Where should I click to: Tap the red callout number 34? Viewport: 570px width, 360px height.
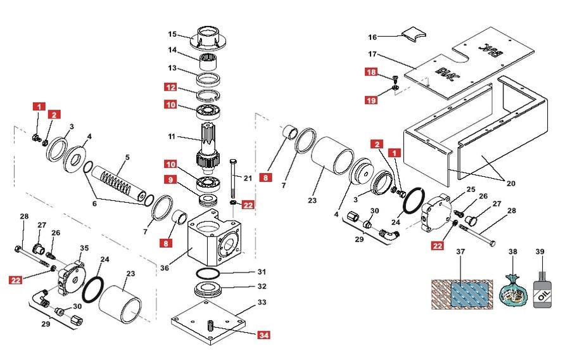[x=264, y=335]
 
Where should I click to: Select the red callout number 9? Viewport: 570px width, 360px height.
[x=170, y=179]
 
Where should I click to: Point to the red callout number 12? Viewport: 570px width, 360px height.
[x=170, y=87]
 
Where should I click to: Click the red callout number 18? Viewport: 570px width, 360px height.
[x=371, y=72]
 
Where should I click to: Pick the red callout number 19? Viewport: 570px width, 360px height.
[x=371, y=100]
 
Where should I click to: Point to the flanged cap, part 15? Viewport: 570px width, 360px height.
[x=207, y=37]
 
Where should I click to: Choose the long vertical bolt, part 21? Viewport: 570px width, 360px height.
[x=233, y=178]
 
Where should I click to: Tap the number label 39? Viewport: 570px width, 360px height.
[x=540, y=252]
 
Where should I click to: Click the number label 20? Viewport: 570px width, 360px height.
[x=510, y=183]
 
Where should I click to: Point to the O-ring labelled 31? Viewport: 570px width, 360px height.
[x=208, y=273]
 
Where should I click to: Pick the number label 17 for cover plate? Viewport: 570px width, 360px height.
[x=372, y=54]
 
